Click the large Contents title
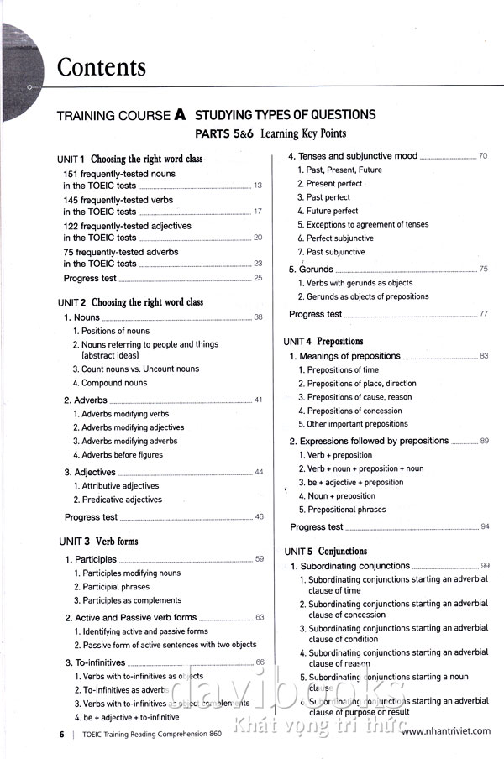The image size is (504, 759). (101, 67)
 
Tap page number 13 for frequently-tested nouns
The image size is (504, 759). (258, 186)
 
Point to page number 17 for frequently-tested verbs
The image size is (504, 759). (258, 212)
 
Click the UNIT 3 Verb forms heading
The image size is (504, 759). (97, 542)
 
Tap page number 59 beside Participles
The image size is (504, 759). (260, 559)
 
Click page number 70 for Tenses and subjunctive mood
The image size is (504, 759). (483, 156)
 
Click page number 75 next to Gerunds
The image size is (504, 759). (483, 270)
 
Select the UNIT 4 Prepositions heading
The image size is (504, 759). (323, 342)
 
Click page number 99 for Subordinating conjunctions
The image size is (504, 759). (485, 567)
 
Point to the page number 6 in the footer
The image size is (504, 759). (61, 733)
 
